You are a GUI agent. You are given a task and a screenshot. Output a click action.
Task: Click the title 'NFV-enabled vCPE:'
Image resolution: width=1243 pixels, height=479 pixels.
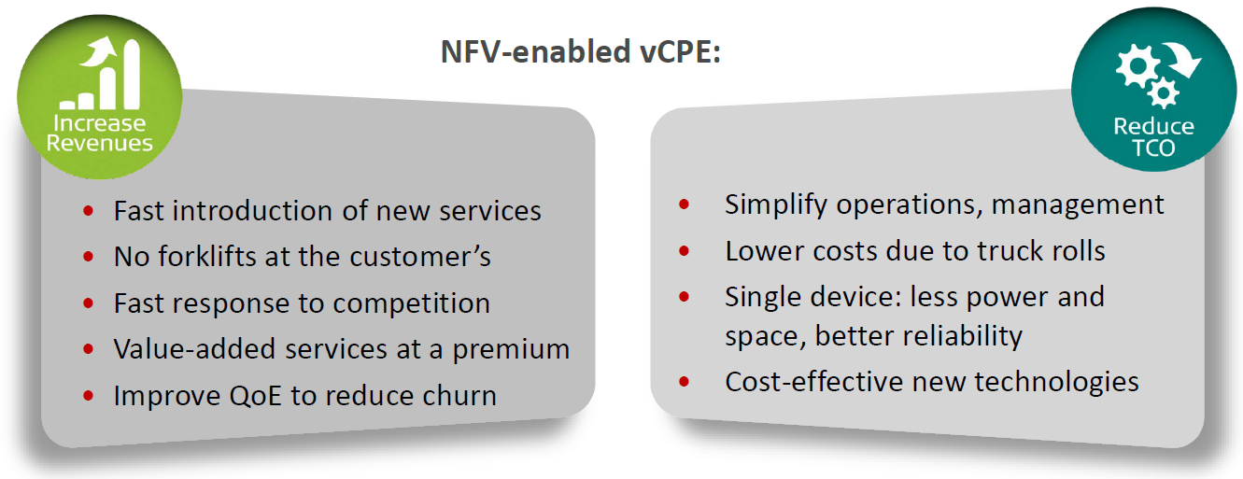tap(581, 51)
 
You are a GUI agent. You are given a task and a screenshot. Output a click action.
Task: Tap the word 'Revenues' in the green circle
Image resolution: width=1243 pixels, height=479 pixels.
tap(99, 143)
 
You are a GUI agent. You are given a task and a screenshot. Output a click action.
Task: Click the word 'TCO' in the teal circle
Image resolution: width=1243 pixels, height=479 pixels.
tap(1153, 148)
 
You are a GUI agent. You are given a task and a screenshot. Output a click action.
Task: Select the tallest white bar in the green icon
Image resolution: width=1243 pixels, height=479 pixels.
tap(132, 74)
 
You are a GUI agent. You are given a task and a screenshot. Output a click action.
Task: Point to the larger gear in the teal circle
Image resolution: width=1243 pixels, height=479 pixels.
tap(1137, 66)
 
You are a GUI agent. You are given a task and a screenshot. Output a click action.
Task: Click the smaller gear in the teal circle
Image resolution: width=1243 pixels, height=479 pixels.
tap(1163, 92)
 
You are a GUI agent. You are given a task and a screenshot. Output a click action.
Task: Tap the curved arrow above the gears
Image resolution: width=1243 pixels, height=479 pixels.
tap(1182, 60)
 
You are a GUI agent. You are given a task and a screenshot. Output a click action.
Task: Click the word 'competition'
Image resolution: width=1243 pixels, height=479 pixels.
tap(411, 303)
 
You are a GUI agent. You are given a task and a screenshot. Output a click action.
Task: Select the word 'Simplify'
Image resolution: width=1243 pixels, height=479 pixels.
tap(776, 205)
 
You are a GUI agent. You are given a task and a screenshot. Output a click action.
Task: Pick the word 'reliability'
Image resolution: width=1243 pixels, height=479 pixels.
tap(918, 337)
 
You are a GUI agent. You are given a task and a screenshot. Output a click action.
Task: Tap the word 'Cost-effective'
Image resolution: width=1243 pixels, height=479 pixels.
tap(813, 382)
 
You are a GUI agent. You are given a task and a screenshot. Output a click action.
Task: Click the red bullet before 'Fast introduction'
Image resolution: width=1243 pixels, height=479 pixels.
tap(88, 211)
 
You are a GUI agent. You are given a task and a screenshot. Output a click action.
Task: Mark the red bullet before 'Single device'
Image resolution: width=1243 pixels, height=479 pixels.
tap(685, 296)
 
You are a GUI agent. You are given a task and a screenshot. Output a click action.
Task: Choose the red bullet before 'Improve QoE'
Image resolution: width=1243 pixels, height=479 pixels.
tap(88, 396)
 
